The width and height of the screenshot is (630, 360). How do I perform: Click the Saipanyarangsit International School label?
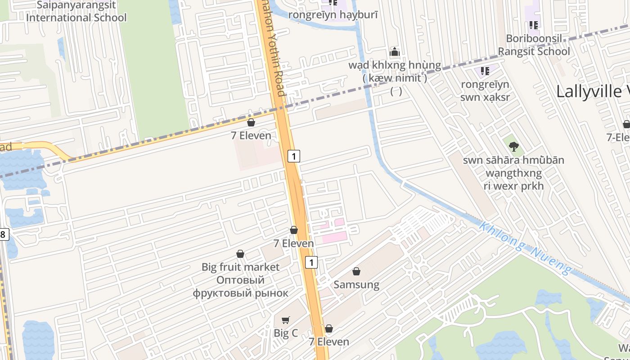76,12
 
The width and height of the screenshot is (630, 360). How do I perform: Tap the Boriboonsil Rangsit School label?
534,45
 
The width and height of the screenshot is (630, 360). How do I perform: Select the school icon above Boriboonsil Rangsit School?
534,25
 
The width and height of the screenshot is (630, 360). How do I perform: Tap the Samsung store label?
356,284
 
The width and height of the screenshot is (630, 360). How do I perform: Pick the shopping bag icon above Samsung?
356,271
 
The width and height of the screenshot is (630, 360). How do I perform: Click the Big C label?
286,333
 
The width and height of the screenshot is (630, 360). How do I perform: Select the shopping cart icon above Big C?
286,320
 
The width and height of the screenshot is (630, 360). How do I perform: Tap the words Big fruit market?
240,267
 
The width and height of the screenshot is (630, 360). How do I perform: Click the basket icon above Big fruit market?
240,254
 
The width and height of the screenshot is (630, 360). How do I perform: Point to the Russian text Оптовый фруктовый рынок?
240,287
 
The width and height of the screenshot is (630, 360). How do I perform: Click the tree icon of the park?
513,146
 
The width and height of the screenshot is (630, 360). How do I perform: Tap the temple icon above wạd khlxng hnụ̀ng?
395,52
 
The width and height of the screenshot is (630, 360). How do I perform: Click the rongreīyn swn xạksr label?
485,90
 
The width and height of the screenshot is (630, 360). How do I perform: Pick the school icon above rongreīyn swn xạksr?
485,71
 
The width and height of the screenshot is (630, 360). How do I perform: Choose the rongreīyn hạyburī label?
333,15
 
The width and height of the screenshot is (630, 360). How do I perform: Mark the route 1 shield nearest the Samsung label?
311,262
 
